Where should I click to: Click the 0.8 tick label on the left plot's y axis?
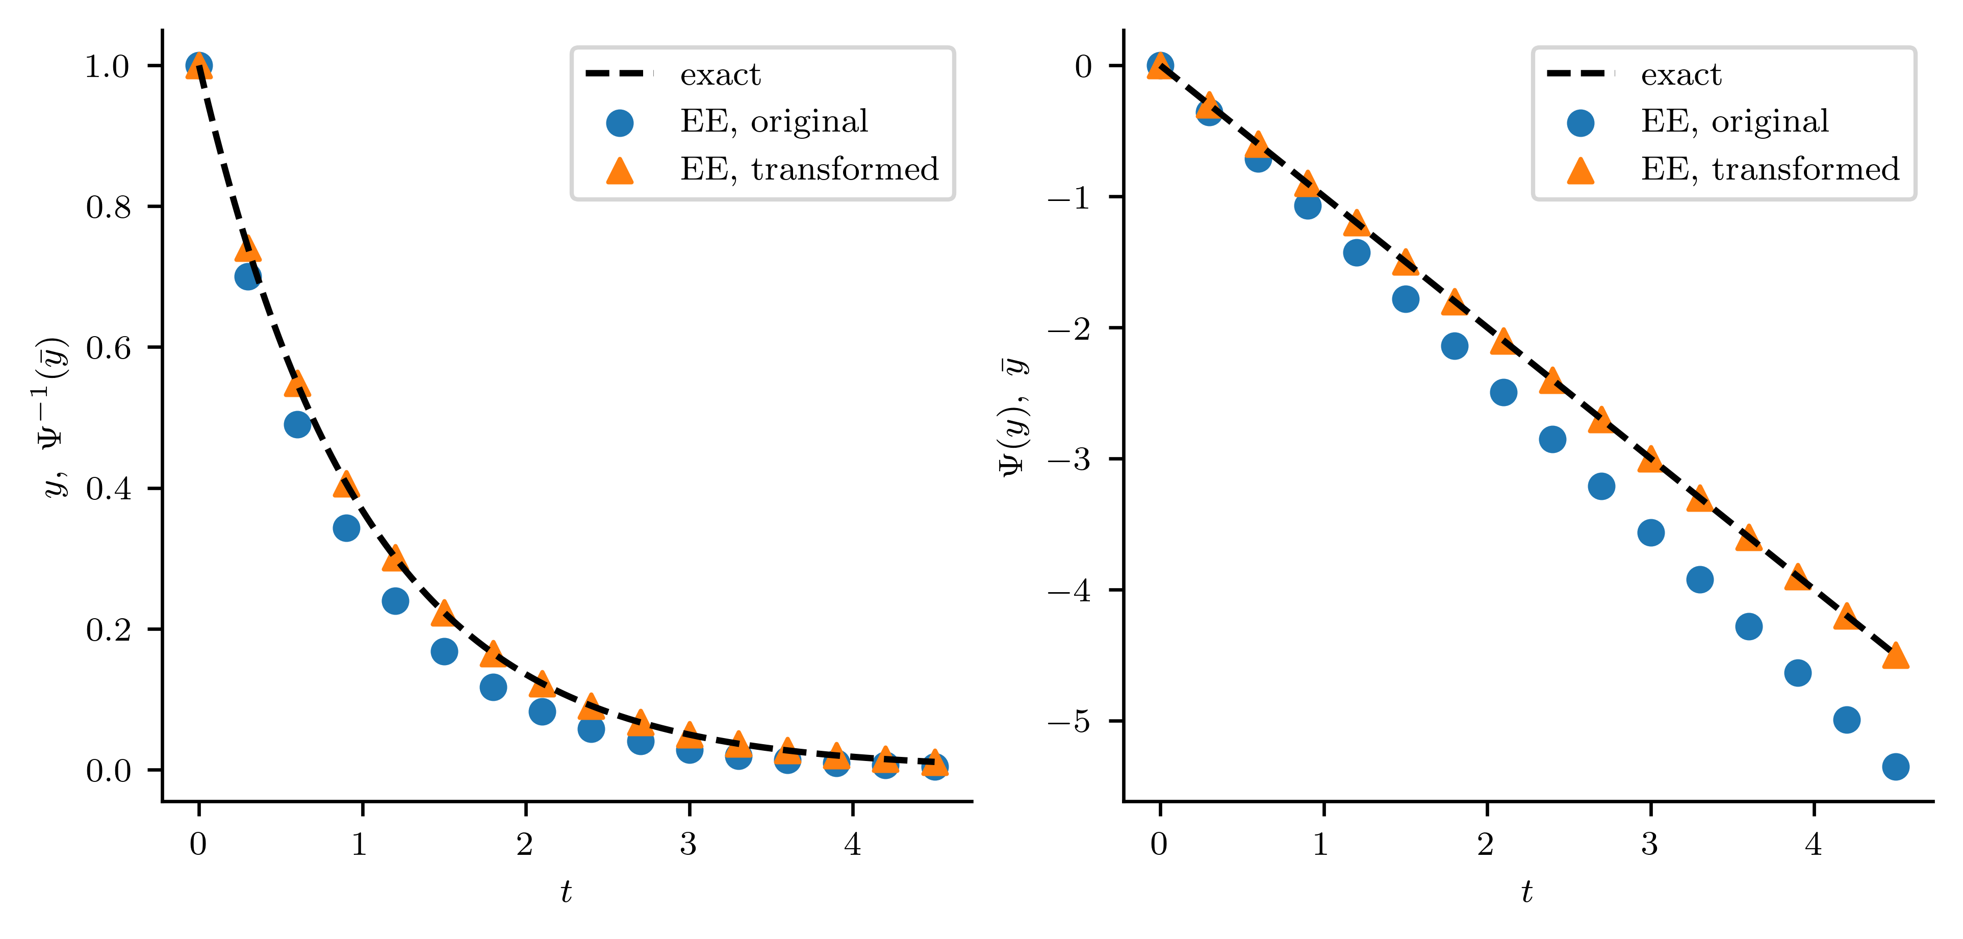coord(108,207)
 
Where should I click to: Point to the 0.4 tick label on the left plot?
coord(108,489)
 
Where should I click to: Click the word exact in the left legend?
coord(720,74)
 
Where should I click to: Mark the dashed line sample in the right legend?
coord(1580,74)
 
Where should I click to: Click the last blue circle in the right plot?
coord(1895,767)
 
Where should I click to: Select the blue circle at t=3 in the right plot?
coord(1650,533)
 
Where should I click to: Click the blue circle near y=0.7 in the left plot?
coord(248,276)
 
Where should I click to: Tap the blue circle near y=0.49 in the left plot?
coord(297,424)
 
